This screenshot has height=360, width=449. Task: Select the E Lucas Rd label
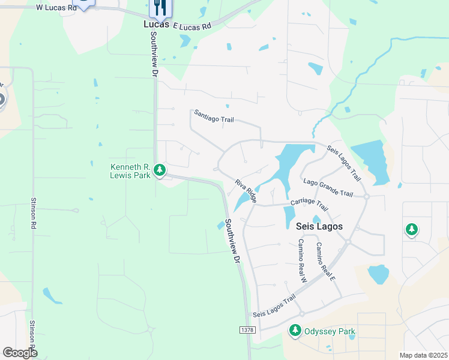click(x=192, y=26)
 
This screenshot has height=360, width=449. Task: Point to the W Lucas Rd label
click(x=56, y=7)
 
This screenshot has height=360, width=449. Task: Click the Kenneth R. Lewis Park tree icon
click(x=159, y=170)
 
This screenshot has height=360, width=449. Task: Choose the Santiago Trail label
click(x=213, y=116)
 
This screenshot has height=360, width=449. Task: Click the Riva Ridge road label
click(x=246, y=191)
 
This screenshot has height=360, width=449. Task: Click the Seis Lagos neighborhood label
click(x=319, y=226)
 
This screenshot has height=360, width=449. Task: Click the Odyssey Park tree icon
click(x=295, y=330)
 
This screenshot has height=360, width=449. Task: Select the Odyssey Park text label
click(x=330, y=332)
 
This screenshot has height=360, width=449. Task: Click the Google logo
click(x=19, y=352)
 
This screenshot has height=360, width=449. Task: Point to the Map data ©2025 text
click(x=423, y=355)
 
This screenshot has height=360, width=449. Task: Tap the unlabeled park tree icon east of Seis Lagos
click(x=411, y=229)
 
